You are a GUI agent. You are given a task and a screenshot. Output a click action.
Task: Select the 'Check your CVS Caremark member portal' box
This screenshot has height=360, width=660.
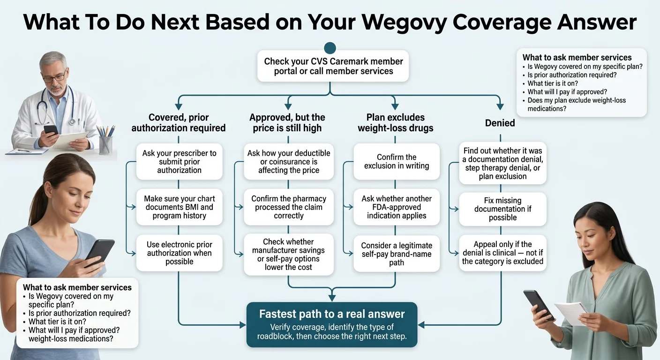pos(333,67)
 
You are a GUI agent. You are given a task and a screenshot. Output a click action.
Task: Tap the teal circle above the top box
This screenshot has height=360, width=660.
pos(330,47)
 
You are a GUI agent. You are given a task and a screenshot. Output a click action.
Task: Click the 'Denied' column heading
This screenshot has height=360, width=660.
pos(500,123)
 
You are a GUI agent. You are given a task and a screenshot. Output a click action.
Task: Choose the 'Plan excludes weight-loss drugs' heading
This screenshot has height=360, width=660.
pos(395,123)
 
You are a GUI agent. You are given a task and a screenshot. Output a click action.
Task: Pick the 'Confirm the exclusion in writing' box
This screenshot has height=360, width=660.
pos(397,161)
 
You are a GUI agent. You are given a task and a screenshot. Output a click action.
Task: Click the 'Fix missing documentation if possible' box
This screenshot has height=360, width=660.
pos(502,209)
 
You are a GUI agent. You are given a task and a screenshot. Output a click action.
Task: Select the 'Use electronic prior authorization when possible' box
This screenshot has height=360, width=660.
pos(179,253)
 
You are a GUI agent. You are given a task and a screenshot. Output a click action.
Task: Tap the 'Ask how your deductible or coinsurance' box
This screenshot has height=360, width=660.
pos(289,162)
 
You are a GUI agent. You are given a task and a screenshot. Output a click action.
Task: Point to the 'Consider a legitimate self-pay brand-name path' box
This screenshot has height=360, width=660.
pos(397,254)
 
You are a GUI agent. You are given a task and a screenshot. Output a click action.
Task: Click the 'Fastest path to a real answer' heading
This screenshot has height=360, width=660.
pos(332,314)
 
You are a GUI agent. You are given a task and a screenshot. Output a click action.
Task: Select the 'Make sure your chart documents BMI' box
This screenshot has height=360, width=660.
pos(179,207)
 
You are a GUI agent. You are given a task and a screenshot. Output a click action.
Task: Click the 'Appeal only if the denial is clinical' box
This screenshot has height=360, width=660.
pos(502,253)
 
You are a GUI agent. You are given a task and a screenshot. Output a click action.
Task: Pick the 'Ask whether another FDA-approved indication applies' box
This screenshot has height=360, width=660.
pos(397,207)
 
